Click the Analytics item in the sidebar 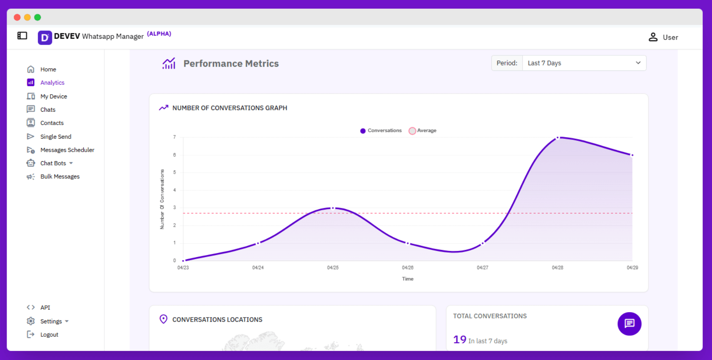[x=52, y=82]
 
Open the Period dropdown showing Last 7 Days [x=584, y=63]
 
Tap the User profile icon [x=653, y=37]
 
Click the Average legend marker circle [x=412, y=131]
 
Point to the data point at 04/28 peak [x=558, y=137]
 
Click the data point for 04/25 [x=333, y=208]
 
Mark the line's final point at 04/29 [x=632, y=155]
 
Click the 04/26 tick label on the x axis [x=408, y=267]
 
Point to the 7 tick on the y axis [x=174, y=137]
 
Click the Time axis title [x=408, y=279]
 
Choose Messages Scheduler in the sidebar [x=67, y=150]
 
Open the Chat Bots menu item [x=53, y=163]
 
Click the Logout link [x=49, y=335]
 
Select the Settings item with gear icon [x=51, y=321]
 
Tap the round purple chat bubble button [x=629, y=324]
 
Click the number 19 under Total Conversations [x=460, y=340]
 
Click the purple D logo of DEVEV [x=45, y=37]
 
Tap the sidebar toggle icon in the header [x=22, y=36]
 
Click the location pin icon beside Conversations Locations [x=164, y=319]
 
